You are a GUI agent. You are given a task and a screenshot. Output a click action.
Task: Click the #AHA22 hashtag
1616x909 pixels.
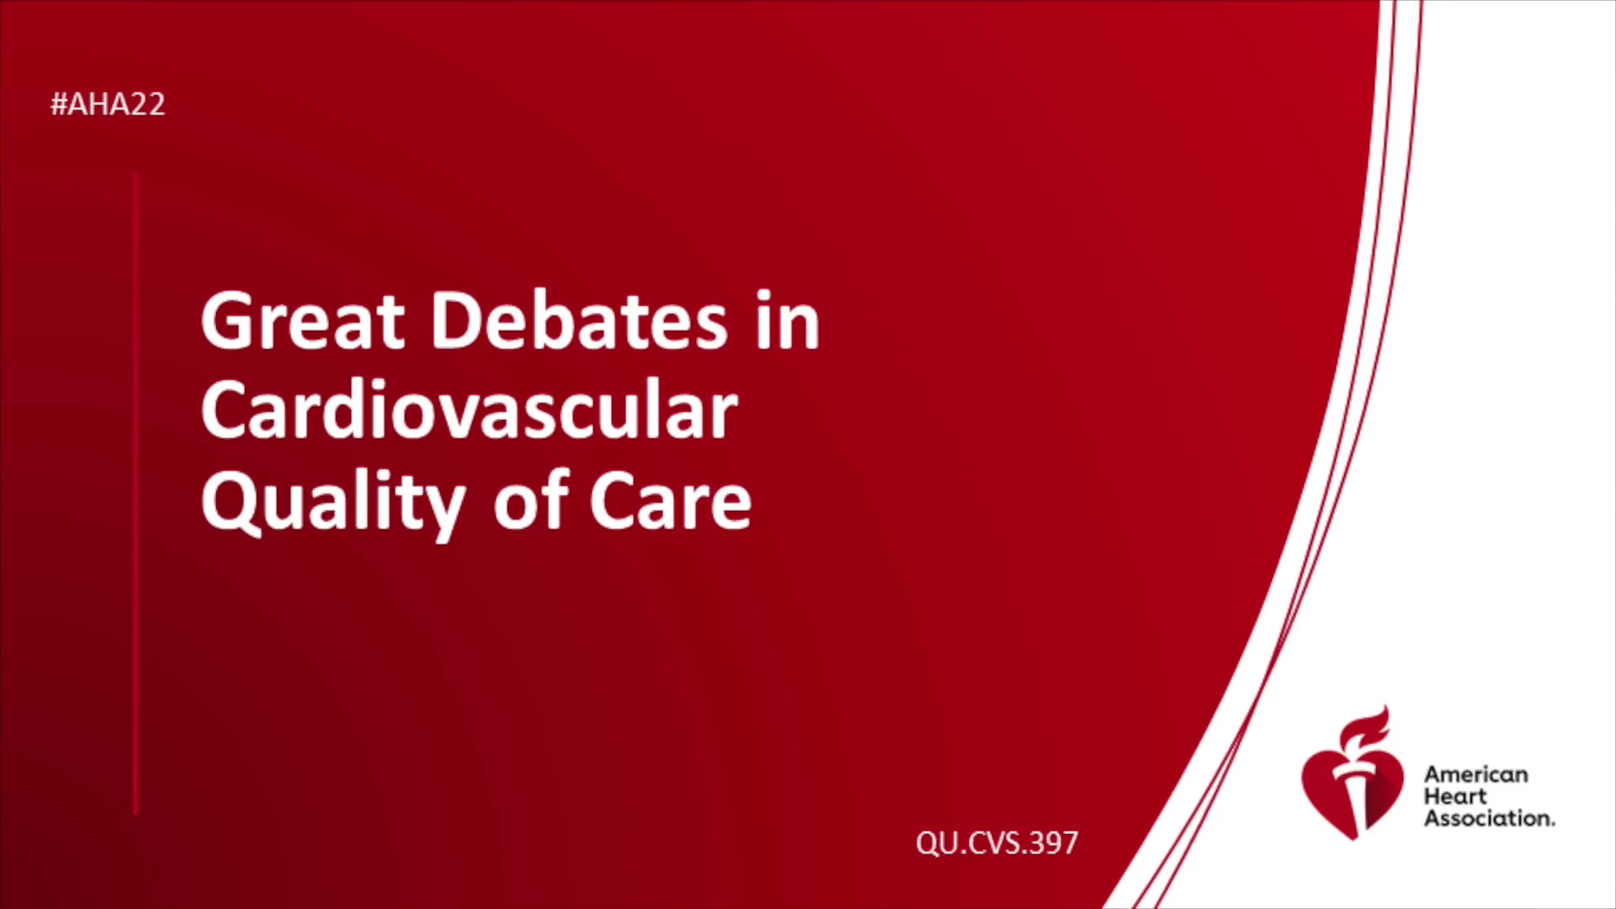click(x=108, y=104)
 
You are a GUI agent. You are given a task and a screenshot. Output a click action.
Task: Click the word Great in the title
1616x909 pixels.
click(x=303, y=321)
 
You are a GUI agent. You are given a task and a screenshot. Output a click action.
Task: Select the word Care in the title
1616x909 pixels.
click(x=670, y=502)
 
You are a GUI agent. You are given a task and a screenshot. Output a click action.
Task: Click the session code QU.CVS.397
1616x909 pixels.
click(x=997, y=843)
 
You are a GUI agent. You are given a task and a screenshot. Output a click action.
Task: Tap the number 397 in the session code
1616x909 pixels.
click(x=1054, y=843)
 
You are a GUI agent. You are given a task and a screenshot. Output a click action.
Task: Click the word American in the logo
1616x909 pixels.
click(x=1475, y=774)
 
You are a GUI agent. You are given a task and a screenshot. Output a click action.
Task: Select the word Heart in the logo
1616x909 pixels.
click(x=1455, y=796)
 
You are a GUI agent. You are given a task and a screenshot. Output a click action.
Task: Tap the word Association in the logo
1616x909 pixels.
click(x=1489, y=818)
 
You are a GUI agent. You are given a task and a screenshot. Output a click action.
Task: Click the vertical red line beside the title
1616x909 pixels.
click(x=136, y=494)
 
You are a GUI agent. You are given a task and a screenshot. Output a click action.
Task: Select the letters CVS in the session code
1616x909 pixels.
click(x=996, y=843)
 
